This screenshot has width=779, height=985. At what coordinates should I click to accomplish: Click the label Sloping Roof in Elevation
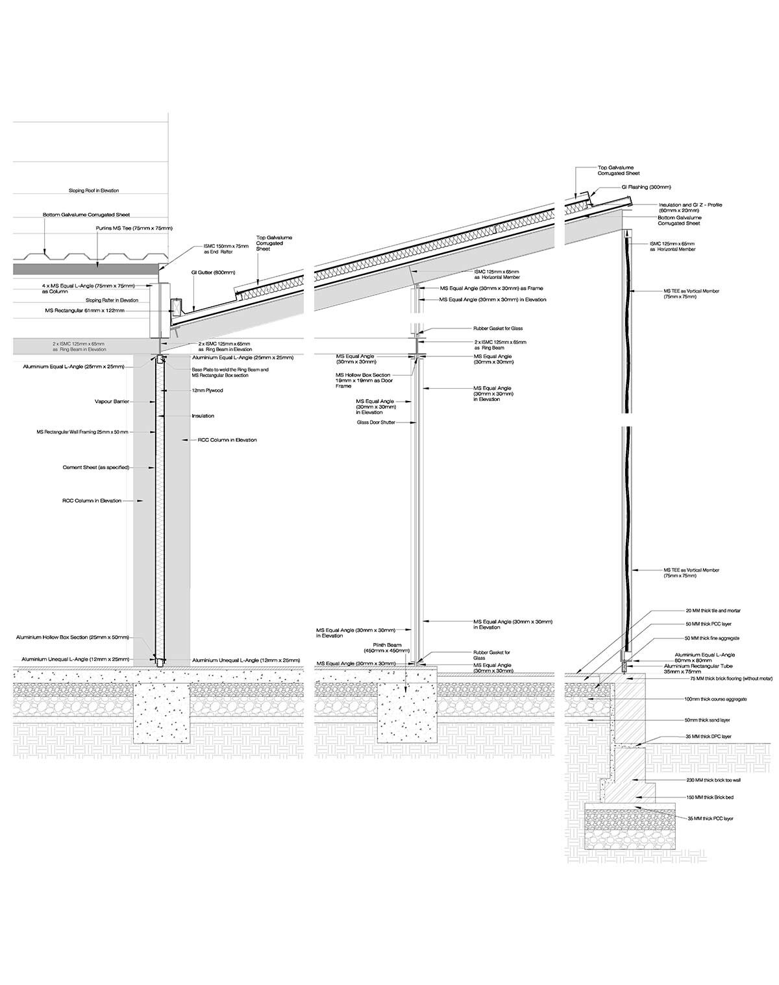coord(93,191)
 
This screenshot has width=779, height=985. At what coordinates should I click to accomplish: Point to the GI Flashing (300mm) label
coord(641,186)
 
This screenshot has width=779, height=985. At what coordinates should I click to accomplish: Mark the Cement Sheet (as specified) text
coord(96,467)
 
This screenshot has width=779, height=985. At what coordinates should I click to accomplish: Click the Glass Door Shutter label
coord(376,422)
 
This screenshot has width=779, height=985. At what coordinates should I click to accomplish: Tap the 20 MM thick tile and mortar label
coord(713,611)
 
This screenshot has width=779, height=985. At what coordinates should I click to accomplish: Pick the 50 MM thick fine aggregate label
coord(711,638)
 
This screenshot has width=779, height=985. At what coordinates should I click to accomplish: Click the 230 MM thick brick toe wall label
coord(712,780)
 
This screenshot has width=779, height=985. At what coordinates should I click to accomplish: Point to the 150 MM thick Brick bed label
coord(710,797)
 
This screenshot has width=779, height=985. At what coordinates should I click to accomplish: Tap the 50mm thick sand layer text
coord(707,720)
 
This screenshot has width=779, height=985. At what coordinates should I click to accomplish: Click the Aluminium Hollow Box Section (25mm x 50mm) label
coord(73,638)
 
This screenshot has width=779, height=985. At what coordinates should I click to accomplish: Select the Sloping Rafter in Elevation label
coord(112,300)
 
